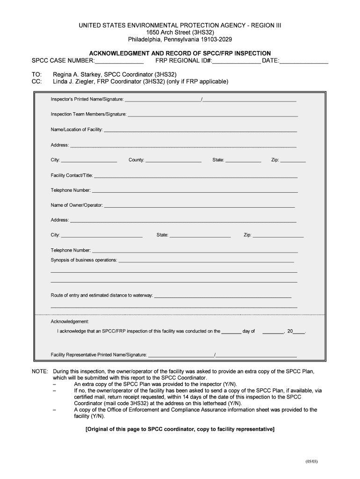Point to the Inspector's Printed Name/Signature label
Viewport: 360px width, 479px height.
87,99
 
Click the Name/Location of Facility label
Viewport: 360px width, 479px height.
76,130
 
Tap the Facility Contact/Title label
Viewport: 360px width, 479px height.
72,175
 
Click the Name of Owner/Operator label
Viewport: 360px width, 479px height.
77,205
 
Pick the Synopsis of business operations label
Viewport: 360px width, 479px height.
84,260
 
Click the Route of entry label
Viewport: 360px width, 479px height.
101,296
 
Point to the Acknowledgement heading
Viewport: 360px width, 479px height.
70,322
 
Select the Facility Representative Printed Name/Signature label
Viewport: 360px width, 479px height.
99,355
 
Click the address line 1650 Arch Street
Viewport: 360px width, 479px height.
180,32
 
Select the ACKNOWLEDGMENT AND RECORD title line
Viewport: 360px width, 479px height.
180,53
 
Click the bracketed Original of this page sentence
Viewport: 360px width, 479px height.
180,429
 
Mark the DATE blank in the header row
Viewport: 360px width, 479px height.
303,62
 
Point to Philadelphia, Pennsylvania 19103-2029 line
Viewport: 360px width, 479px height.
180,40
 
